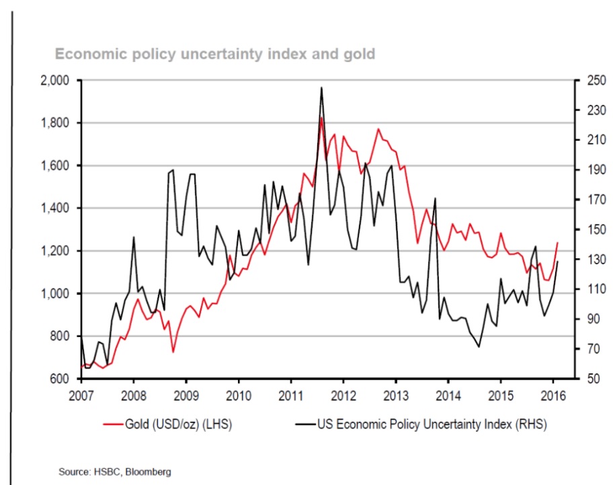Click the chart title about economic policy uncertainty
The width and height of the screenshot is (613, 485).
(x=214, y=53)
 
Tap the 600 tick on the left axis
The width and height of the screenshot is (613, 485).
(x=65, y=379)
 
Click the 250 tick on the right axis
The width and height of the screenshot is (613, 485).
(x=591, y=80)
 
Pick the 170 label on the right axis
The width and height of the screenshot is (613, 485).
(x=591, y=200)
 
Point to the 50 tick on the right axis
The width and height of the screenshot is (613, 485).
(x=588, y=379)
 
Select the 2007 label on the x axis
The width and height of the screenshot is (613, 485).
(x=81, y=394)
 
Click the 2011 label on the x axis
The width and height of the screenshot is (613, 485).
(x=291, y=394)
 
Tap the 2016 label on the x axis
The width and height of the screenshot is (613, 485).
(x=553, y=394)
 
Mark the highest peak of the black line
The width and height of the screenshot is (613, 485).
(x=322, y=87)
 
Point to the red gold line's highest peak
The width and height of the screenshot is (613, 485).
(x=322, y=118)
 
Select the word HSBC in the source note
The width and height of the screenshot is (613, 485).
(x=113, y=472)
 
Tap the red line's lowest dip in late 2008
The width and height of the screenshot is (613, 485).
(x=173, y=352)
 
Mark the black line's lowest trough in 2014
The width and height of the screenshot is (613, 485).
(x=479, y=346)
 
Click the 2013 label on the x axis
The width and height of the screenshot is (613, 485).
(x=396, y=394)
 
